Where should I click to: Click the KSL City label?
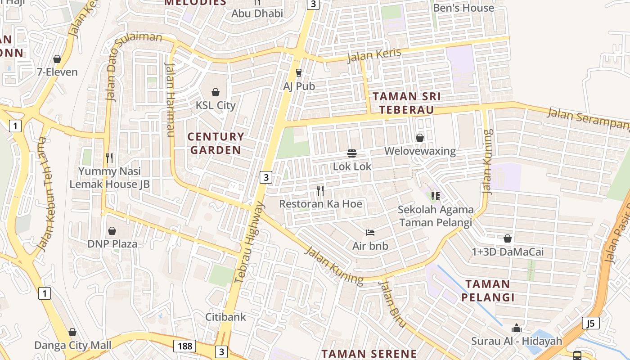point(216,105)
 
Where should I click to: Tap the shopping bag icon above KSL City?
point(216,92)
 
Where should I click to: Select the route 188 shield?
point(185,346)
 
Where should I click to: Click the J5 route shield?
point(591,323)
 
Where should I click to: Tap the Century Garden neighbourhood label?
point(216,143)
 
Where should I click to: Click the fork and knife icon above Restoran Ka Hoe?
point(320,190)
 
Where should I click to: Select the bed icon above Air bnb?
point(370,233)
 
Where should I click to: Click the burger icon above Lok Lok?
point(352,153)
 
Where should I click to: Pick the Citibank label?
point(226,317)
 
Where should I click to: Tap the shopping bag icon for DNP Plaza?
point(112,231)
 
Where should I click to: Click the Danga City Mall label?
point(73,346)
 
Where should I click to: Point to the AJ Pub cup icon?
point(299,72)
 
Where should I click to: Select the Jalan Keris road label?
point(374,55)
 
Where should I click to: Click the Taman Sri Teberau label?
point(406,103)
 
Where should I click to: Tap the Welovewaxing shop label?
point(420,151)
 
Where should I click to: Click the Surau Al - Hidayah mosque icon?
point(517,328)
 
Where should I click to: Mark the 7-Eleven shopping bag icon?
point(57,59)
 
